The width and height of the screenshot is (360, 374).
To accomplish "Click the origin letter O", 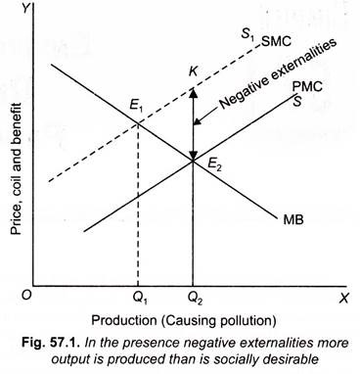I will click(x=30, y=292).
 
